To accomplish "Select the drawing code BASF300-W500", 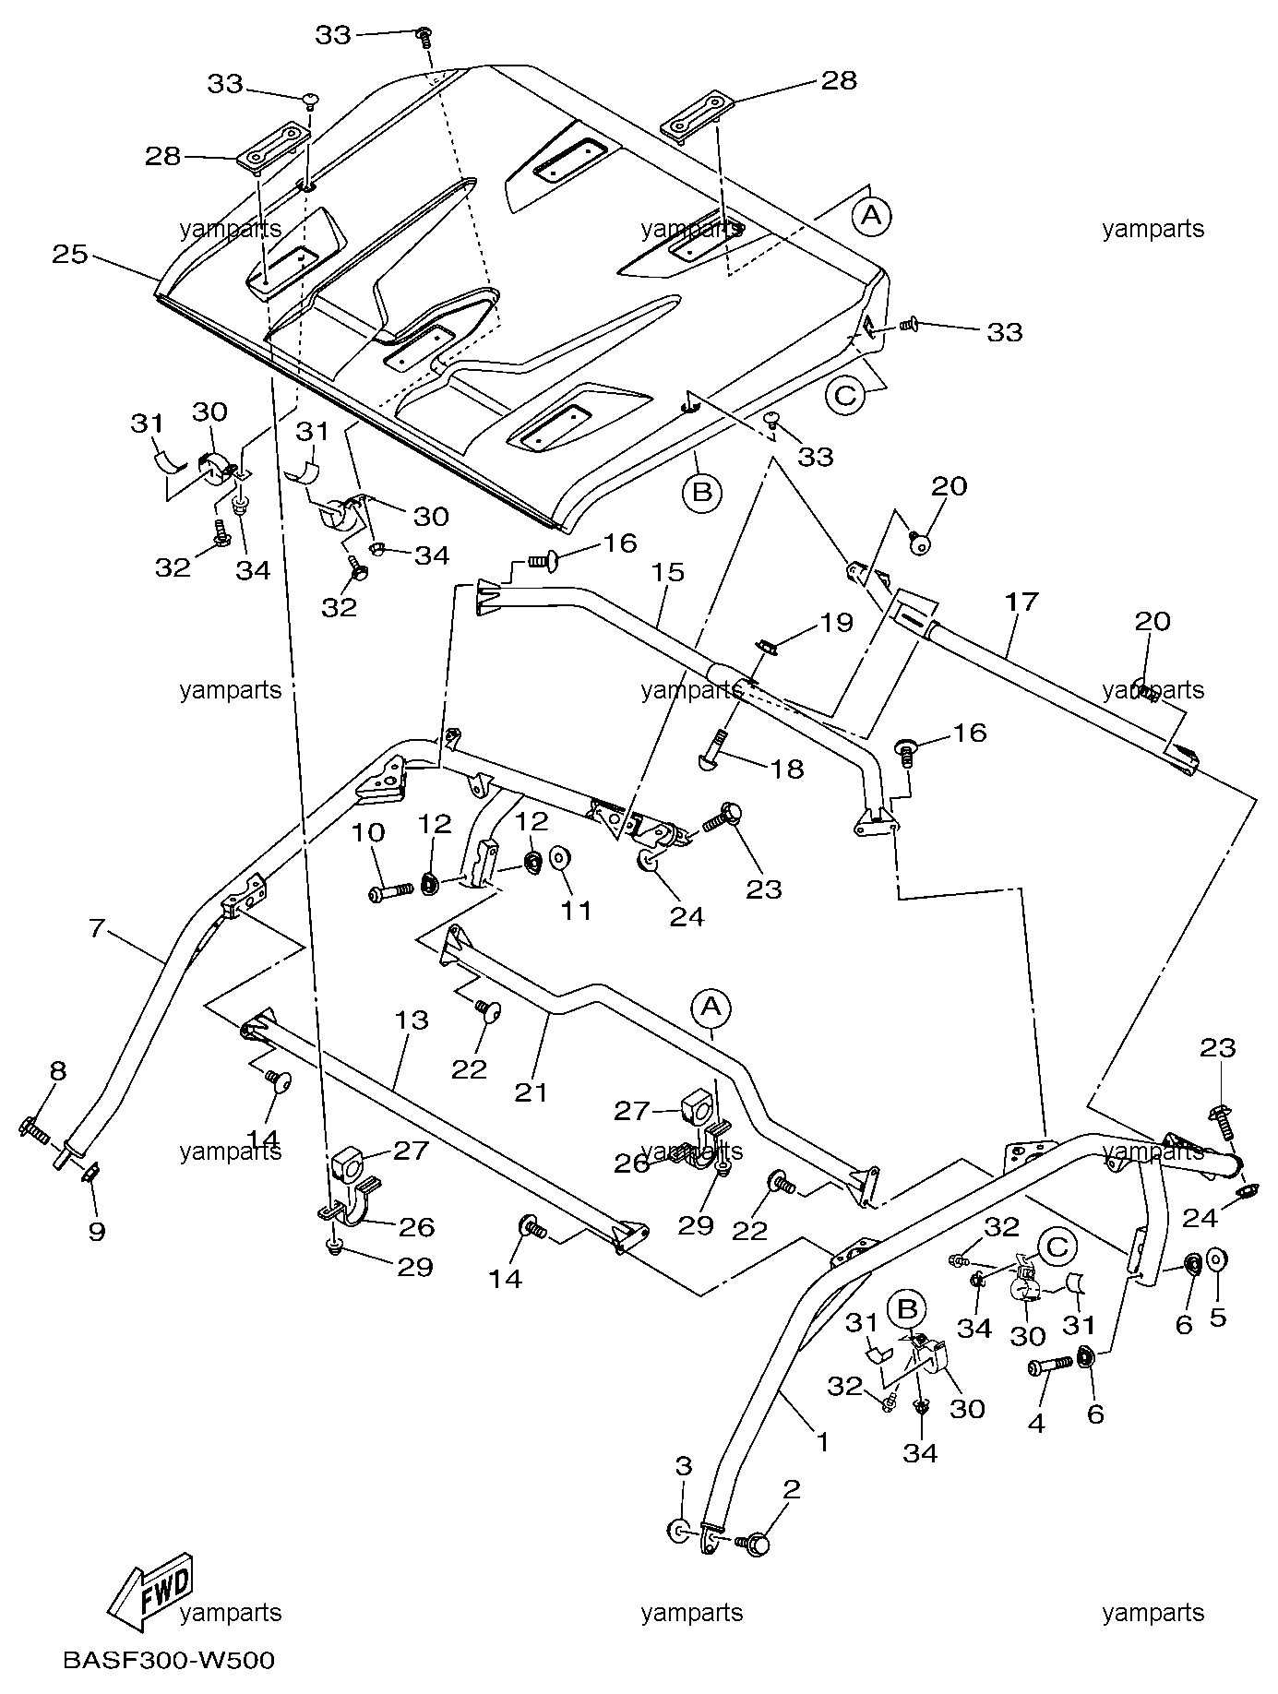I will (169, 1661).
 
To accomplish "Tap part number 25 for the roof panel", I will (69, 254).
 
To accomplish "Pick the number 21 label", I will (532, 1092).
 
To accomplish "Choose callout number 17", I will (1021, 602).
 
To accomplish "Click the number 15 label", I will (667, 572).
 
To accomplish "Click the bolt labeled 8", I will (33, 1127).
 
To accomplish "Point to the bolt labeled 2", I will (755, 1543).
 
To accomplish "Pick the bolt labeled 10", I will (392, 892).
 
